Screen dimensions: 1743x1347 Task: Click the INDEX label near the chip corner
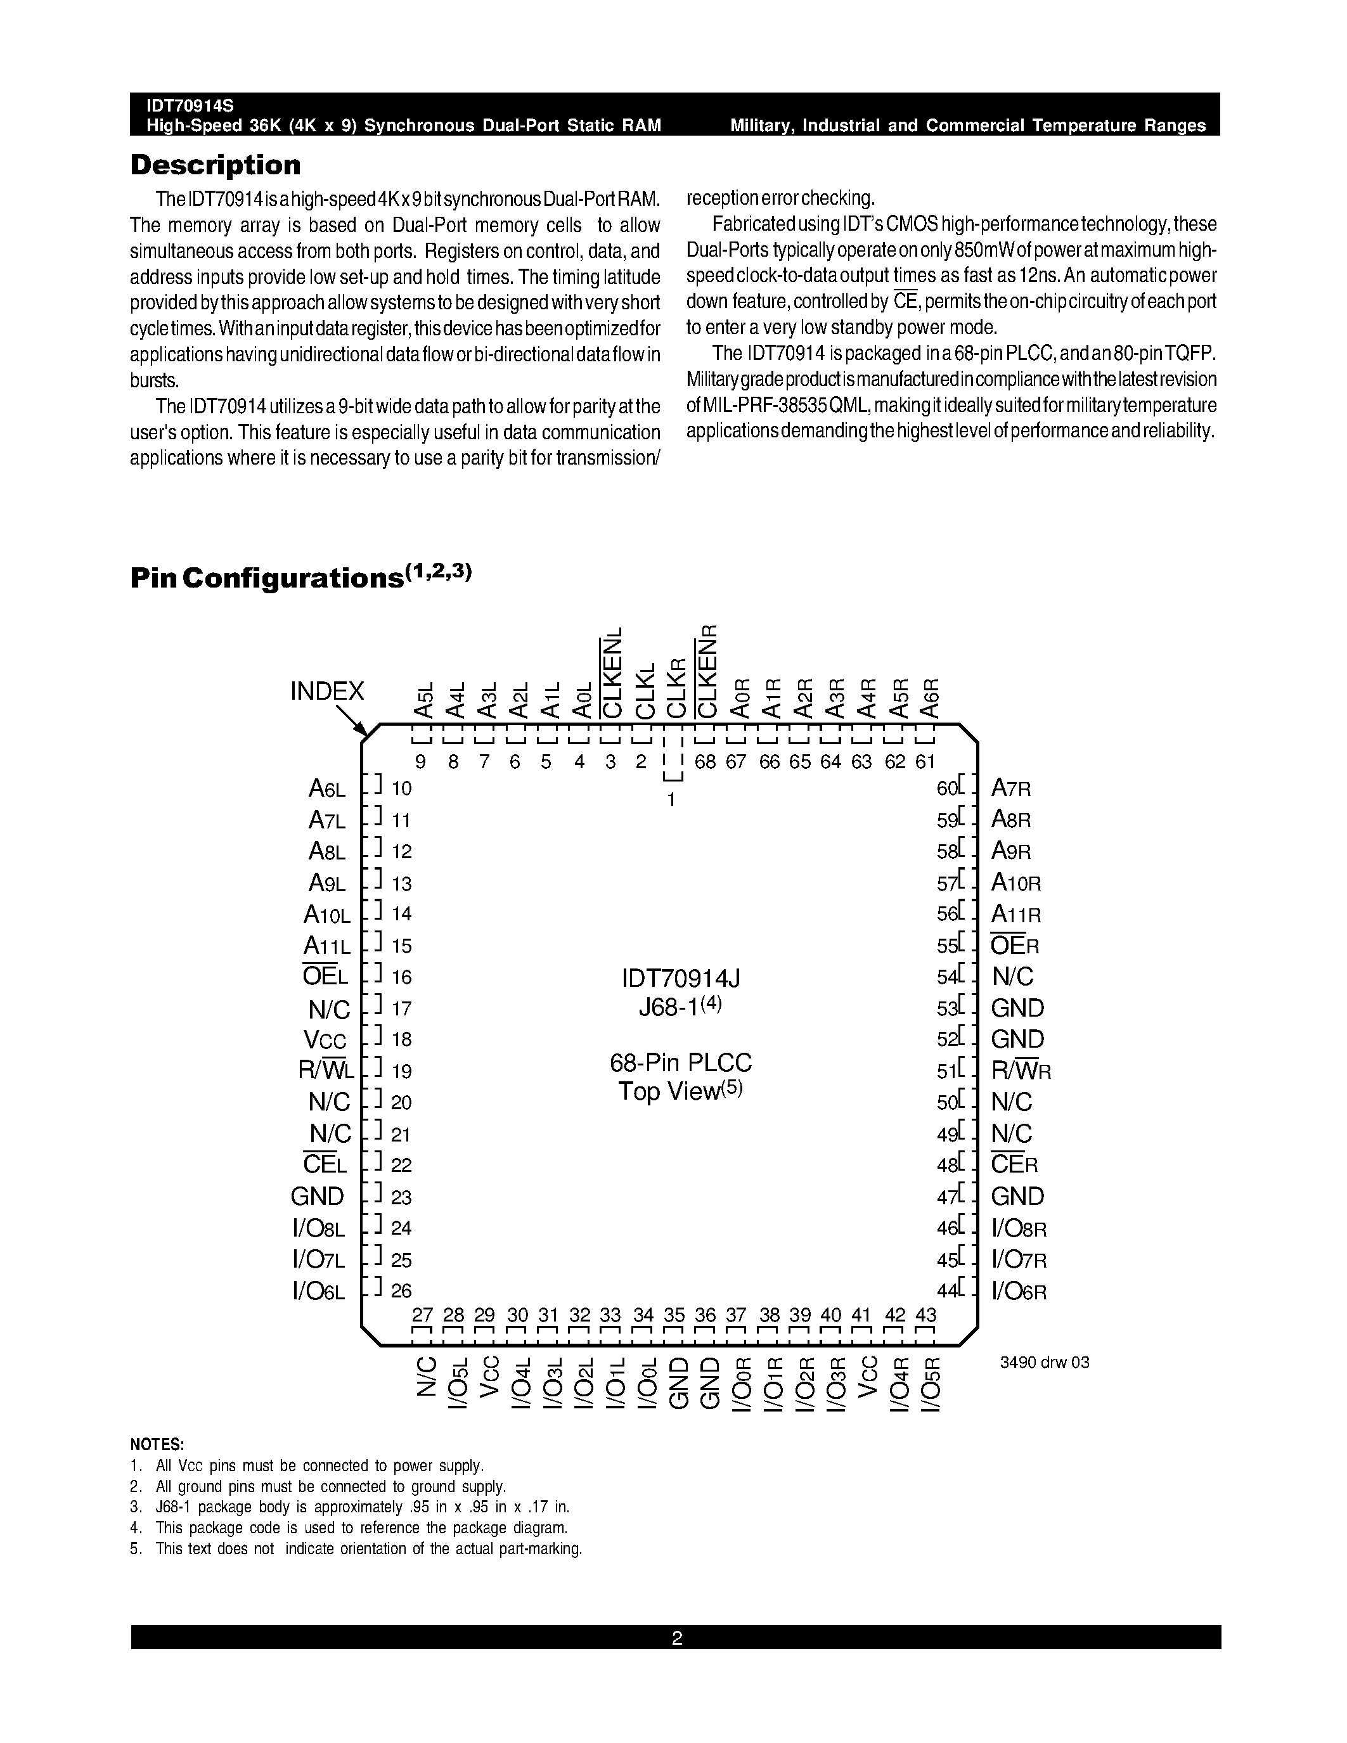click(x=327, y=691)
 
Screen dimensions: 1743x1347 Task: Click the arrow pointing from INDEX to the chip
click(x=352, y=720)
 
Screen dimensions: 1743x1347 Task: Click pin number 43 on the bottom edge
click(x=925, y=1315)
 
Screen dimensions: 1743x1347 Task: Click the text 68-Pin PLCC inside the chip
click(x=681, y=1063)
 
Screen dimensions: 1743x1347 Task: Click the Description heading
click(x=216, y=165)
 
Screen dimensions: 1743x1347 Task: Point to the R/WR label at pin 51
click(x=1021, y=1071)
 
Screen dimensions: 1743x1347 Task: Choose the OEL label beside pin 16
click(x=326, y=977)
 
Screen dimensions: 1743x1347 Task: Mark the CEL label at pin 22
click(x=326, y=1165)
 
